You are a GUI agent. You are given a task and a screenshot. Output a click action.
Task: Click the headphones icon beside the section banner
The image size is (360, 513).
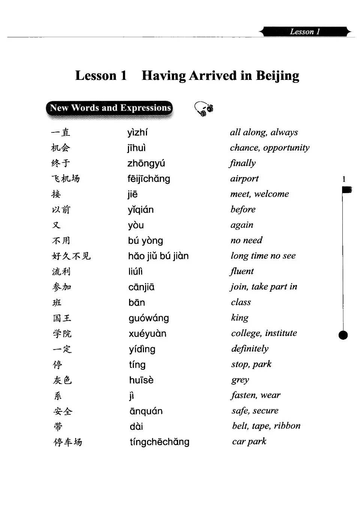(204, 109)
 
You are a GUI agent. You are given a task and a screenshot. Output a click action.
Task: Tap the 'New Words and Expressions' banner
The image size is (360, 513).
(109, 109)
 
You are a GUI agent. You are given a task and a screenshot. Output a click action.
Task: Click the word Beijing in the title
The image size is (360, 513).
(277, 76)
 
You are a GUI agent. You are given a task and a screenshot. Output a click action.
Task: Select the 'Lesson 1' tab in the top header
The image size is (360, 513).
(305, 31)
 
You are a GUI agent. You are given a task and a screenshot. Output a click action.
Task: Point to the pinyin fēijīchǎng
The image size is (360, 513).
(148, 179)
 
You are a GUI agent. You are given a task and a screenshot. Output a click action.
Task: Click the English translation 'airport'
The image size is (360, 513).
(244, 178)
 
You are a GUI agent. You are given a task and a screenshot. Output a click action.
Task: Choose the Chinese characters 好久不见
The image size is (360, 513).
(71, 256)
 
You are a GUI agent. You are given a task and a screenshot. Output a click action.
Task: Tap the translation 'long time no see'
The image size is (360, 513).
(263, 256)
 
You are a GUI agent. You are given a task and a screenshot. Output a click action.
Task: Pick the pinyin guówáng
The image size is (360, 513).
(148, 318)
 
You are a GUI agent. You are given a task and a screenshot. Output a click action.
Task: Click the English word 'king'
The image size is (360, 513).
(240, 318)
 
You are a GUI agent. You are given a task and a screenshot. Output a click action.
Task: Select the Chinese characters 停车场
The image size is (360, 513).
(67, 442)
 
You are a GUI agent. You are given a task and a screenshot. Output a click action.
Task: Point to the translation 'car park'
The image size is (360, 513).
(249, 441)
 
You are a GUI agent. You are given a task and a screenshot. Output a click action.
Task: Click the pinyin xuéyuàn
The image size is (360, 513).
(147, 334)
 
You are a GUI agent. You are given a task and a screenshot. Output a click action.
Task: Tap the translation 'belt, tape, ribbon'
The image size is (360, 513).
(266, 426)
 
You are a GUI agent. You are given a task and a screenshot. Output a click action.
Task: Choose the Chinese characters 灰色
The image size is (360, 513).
(62, 380)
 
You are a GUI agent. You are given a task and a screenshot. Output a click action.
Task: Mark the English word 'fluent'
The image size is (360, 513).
(242, 271)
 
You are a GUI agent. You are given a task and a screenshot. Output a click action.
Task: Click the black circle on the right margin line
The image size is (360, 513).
(343, 335)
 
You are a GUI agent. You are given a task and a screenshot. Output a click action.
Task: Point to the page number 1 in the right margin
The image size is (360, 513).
(344, 179)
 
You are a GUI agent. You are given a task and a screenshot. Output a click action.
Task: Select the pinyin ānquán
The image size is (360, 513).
(146, 411)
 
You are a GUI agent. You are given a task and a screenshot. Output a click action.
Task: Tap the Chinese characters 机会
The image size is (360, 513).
(61, 148)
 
